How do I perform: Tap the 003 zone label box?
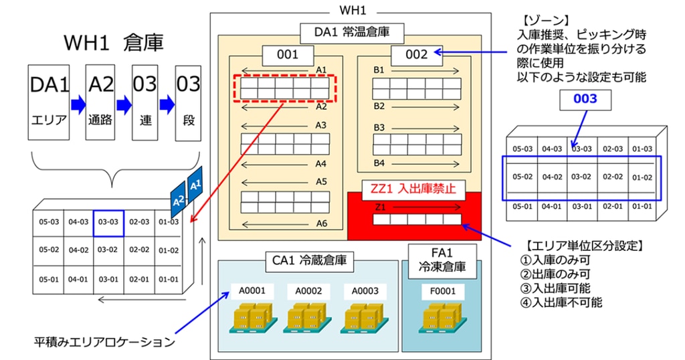click(x=585, y=100)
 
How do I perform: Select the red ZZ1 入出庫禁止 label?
click(x=412, y=189)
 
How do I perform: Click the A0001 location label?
click(x=252, y=291)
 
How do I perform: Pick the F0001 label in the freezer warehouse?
click(x=442, y=291)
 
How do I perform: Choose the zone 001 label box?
click(x=288, y=55)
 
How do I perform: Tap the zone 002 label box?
click(x=416, y=55)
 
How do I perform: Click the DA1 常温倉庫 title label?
click(x=352, y=33)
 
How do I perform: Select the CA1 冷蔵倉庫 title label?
click(x=309, y=261)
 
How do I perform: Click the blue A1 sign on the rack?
click(x=195, y=185)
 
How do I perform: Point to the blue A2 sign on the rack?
click(x=178, y=199)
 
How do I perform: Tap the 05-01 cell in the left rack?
click(x=48, y=279)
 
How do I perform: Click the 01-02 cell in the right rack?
click(x=642, y=177)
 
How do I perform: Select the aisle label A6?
click(x=322, y=223)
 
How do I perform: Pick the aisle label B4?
click(x=379, y=163)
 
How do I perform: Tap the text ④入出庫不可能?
click(x=561, y=302)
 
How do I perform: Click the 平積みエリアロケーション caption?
click(x=104, y=342)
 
